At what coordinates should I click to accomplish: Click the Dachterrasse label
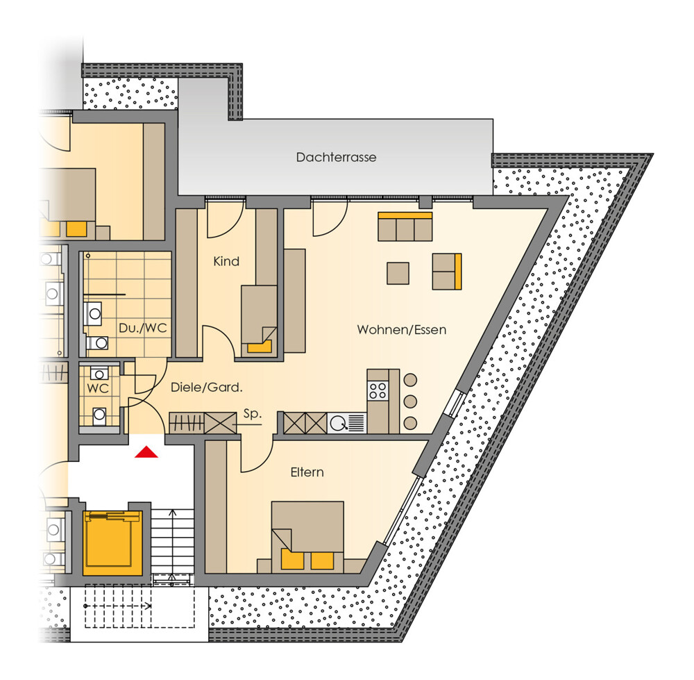[x=337, y=157]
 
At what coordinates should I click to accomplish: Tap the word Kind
[x=226, y=261]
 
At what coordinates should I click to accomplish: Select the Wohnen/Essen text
[x=401, y=330]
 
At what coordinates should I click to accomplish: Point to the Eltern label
[x=307, y=472]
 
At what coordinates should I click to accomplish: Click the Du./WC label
[x=142, y=329]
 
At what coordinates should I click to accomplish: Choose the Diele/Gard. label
[x=207, y=388]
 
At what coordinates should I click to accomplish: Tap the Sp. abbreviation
[x=253, y=414]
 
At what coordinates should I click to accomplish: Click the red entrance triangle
[x=146, y=452]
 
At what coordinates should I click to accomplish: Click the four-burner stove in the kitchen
[x=378, y=391]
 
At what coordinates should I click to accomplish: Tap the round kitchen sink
[x=339, y=423]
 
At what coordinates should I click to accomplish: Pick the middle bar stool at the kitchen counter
[x=411, y=401]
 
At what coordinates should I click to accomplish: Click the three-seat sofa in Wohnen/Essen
[x=405, y=226]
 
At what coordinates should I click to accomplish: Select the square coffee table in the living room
[x=398, y=273]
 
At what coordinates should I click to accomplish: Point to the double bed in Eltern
[x=307, y=536]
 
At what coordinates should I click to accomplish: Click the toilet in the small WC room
[x=99, y=415]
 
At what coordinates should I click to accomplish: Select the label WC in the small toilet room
[x=98, y=388]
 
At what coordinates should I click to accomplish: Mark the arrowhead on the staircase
[x=173, y=513]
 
